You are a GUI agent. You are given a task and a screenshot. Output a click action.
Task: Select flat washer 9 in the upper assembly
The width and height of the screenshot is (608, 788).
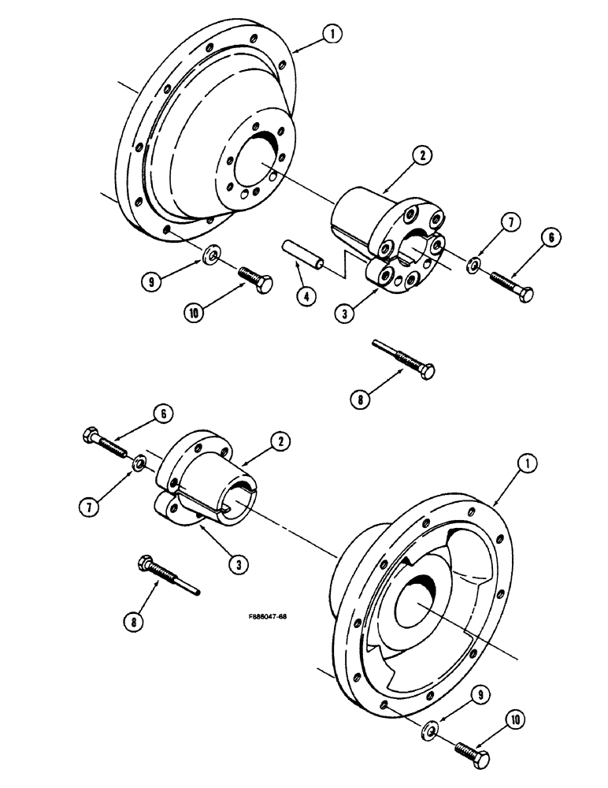(x=210, y=254)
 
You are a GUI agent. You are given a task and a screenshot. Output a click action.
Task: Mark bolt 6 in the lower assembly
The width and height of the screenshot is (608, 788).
(x=106, y=442)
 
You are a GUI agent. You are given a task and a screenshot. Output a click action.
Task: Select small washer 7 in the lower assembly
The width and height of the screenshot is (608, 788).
(x=137, y=462)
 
